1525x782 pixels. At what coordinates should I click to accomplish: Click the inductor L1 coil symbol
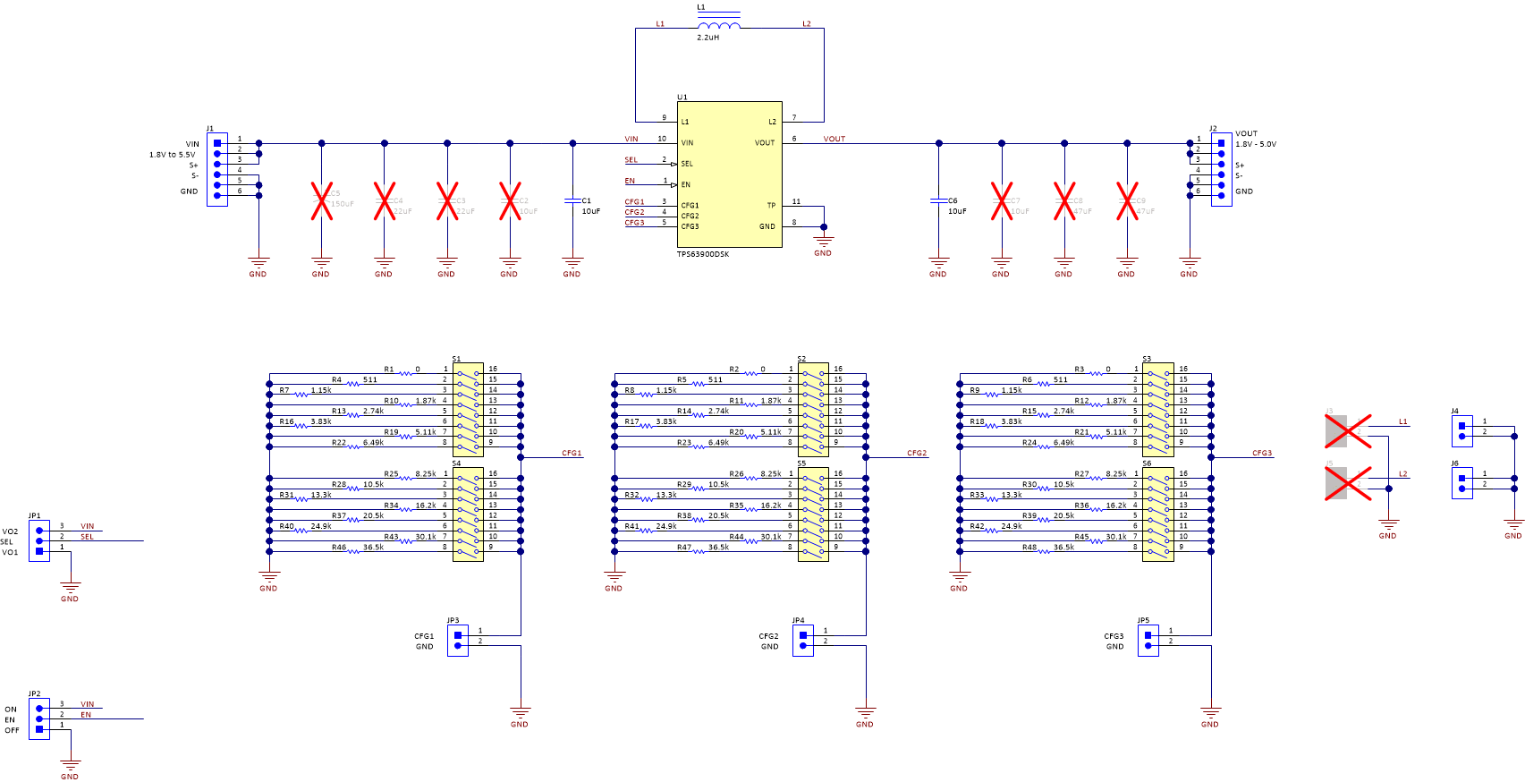click(x=718, y=25)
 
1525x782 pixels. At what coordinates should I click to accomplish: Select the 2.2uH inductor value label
click(x=707, y=38)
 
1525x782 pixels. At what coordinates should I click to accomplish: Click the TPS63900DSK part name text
click(x=703, y=254)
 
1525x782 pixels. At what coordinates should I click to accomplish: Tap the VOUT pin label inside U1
click(x=764, y=142)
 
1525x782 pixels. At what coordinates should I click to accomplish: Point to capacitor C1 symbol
click(x=572, y=200)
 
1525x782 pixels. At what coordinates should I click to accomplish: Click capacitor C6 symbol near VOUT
click(x=938, y=200)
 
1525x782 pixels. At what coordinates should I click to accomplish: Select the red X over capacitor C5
click(x=322, y=200)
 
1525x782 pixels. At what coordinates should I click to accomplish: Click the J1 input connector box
click(x=216, y=169)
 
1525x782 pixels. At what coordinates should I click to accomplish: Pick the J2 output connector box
click(x=1221, y=169)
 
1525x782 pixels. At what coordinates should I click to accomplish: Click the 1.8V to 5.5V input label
click(x=172, y=155)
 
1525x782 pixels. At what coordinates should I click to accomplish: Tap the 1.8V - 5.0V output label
click(x=1256, y=144)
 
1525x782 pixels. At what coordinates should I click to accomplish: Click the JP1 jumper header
click(x=38, y=540)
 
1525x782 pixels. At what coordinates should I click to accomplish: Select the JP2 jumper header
click(x=38, y=718)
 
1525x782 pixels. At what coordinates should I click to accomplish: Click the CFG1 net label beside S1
click(x=572, y=454)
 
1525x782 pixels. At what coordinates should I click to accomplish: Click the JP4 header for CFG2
click(x=802, y=640)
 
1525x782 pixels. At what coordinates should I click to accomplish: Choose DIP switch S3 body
click(x=1157, y=410)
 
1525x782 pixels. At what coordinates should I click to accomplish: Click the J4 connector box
click(x=1461, y=430)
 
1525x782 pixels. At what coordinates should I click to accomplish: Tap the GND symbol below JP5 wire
click(x=1210, y=716)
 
